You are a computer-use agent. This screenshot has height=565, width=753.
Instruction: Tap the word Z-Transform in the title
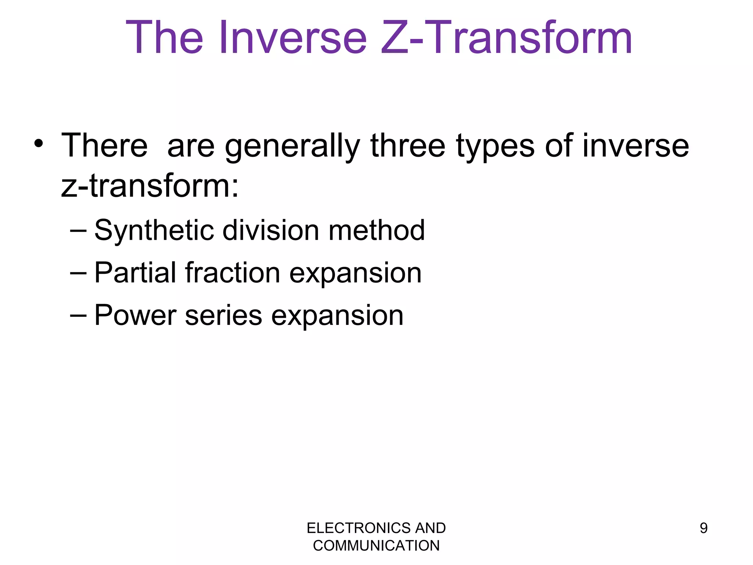[506, 38]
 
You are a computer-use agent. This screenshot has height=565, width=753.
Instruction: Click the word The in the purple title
[164, 38]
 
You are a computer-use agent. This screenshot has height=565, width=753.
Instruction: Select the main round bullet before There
[39, 143]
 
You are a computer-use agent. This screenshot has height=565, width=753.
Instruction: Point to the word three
[408, 146]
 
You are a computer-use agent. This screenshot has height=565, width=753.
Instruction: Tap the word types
[495, 146]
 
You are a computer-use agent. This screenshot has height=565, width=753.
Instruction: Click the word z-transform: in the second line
[150, 186]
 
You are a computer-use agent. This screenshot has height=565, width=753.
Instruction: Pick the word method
[376, 230]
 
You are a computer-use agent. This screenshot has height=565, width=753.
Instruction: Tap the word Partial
[135, 273]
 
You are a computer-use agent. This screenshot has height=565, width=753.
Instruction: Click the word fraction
[233, 273]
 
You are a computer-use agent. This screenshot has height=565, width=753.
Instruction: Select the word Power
[135, 315]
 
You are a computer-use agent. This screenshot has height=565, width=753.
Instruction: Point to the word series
[223, 315]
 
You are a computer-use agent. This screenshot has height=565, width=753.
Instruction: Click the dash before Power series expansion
[78, 315]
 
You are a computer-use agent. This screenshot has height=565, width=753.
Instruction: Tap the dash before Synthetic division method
[78, 231]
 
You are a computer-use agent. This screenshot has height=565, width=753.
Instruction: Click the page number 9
[703, 528]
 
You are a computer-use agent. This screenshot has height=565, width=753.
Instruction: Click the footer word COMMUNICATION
[376, 546]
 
